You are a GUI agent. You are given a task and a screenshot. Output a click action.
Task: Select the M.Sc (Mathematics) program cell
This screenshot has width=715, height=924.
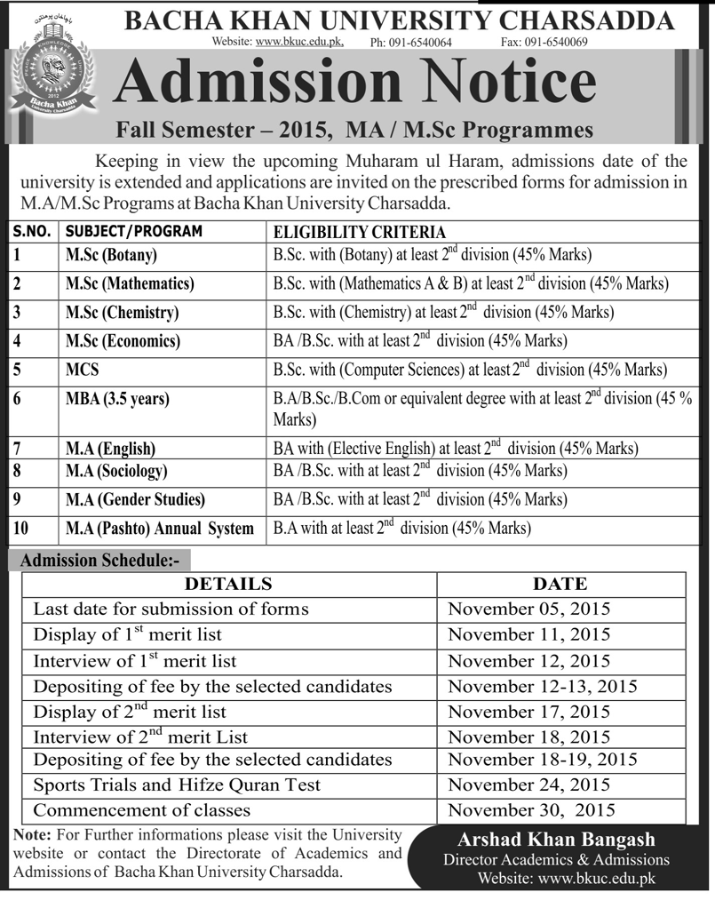tap(130, 284)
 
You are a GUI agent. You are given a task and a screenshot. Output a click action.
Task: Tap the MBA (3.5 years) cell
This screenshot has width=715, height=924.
tap(117, 399)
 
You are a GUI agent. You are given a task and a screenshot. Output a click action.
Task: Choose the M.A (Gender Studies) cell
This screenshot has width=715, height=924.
tap(135, 499)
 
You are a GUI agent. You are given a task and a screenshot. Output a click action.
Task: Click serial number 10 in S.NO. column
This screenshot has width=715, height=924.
tap(21, 529)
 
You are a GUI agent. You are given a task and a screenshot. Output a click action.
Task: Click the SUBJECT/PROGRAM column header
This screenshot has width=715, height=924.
tap(132, 232)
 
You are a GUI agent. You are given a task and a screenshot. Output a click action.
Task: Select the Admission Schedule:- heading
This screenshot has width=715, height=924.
tap(99, 561)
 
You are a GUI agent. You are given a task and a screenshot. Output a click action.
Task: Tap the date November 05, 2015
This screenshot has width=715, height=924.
tap(529, 609)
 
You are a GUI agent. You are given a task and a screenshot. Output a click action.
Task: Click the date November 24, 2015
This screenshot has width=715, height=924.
tap(529, 785)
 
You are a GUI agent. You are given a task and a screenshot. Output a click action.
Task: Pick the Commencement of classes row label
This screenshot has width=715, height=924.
tap(142, 810)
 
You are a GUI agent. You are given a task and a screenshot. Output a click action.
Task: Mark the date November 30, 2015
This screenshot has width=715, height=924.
tap(531, 810)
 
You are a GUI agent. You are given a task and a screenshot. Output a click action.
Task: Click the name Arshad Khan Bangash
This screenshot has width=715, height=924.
tap(556, 840)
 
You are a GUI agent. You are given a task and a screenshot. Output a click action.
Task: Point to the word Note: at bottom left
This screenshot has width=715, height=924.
tap(34, 836)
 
